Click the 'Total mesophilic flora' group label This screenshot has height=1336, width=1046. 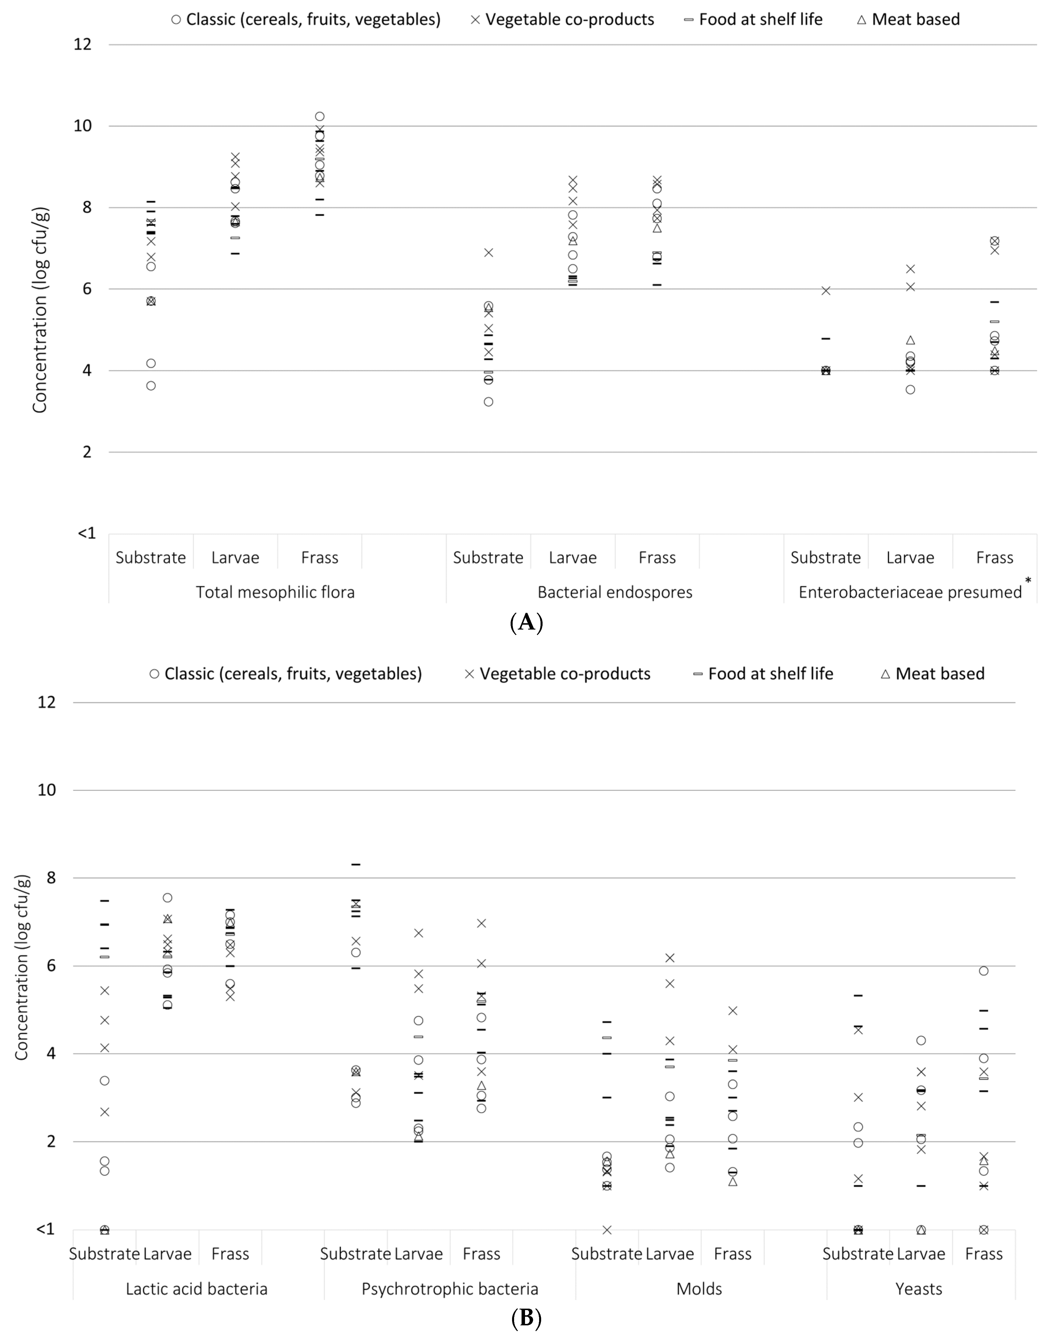click(x=275, y=592)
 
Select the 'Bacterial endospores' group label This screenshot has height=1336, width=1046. click(x=615, y=592)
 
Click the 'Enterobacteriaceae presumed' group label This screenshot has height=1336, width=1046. click(x=910, y=592)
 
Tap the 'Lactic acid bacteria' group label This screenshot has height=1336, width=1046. click(x=197, y=1289)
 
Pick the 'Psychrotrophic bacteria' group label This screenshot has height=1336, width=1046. click(x=450, y=1289)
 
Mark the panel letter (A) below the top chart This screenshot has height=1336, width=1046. click(x=526, y=623)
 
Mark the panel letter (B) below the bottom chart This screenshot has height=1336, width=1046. click(x=526, y=1318)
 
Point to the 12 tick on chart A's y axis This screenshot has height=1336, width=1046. click(x=82, y=44)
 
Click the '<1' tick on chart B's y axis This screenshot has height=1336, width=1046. click(x=45, y=1229)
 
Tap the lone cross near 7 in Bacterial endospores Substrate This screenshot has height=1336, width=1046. click(x=488, y=253)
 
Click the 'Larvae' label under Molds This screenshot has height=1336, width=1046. click(x=670, y=1254)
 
